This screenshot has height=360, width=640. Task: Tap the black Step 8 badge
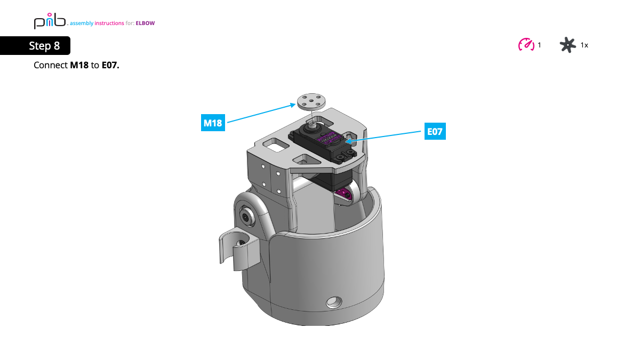(35, 46)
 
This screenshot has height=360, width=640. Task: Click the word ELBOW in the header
(145, 23)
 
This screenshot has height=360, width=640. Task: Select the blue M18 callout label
(213, 123)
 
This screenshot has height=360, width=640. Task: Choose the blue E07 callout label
(435, 131)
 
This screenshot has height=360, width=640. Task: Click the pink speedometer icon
(526, 45)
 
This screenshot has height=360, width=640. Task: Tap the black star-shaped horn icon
(568, 45)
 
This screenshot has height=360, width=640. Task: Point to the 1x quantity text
(584, 45)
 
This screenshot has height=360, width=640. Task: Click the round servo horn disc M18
(313, 101)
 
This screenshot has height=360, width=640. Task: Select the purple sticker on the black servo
(328, 140)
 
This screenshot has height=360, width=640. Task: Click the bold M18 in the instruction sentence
(79, 65)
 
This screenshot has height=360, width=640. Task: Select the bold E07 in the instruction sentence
(110, 65)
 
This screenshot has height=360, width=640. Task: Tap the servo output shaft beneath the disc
(312, 124)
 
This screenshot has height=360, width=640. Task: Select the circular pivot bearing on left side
(246, 217)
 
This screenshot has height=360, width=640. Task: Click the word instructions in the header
(109, 23)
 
